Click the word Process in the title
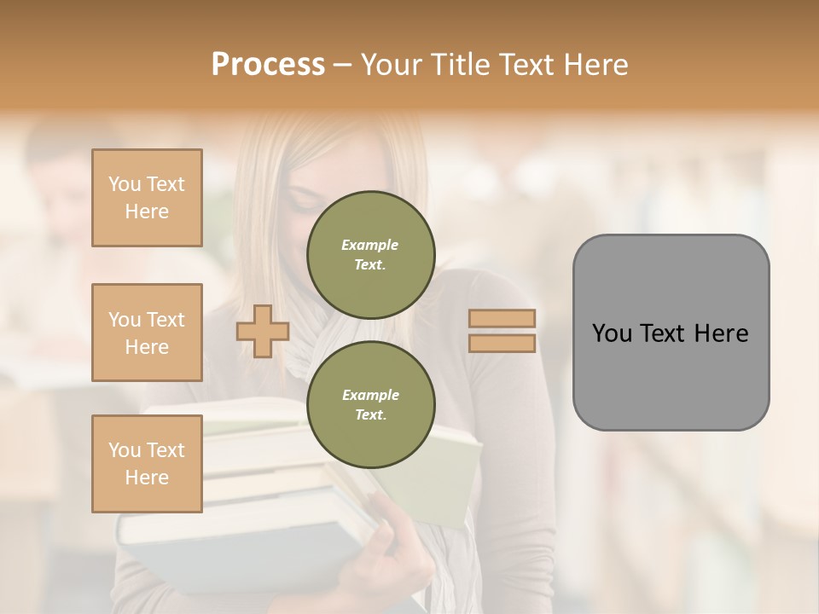tap(268, 65)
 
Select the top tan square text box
tap(147, 198)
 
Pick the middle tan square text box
tap(147, 333)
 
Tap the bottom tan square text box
tap(147, 464)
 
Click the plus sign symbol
tap(263, 331)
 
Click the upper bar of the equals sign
tap(502, 319)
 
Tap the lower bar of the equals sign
tap(502, 344)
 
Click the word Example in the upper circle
tap(369, 245)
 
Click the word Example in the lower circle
tap(370, 395)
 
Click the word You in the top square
tap(125, 184)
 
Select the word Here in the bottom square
tap(147, 478)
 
